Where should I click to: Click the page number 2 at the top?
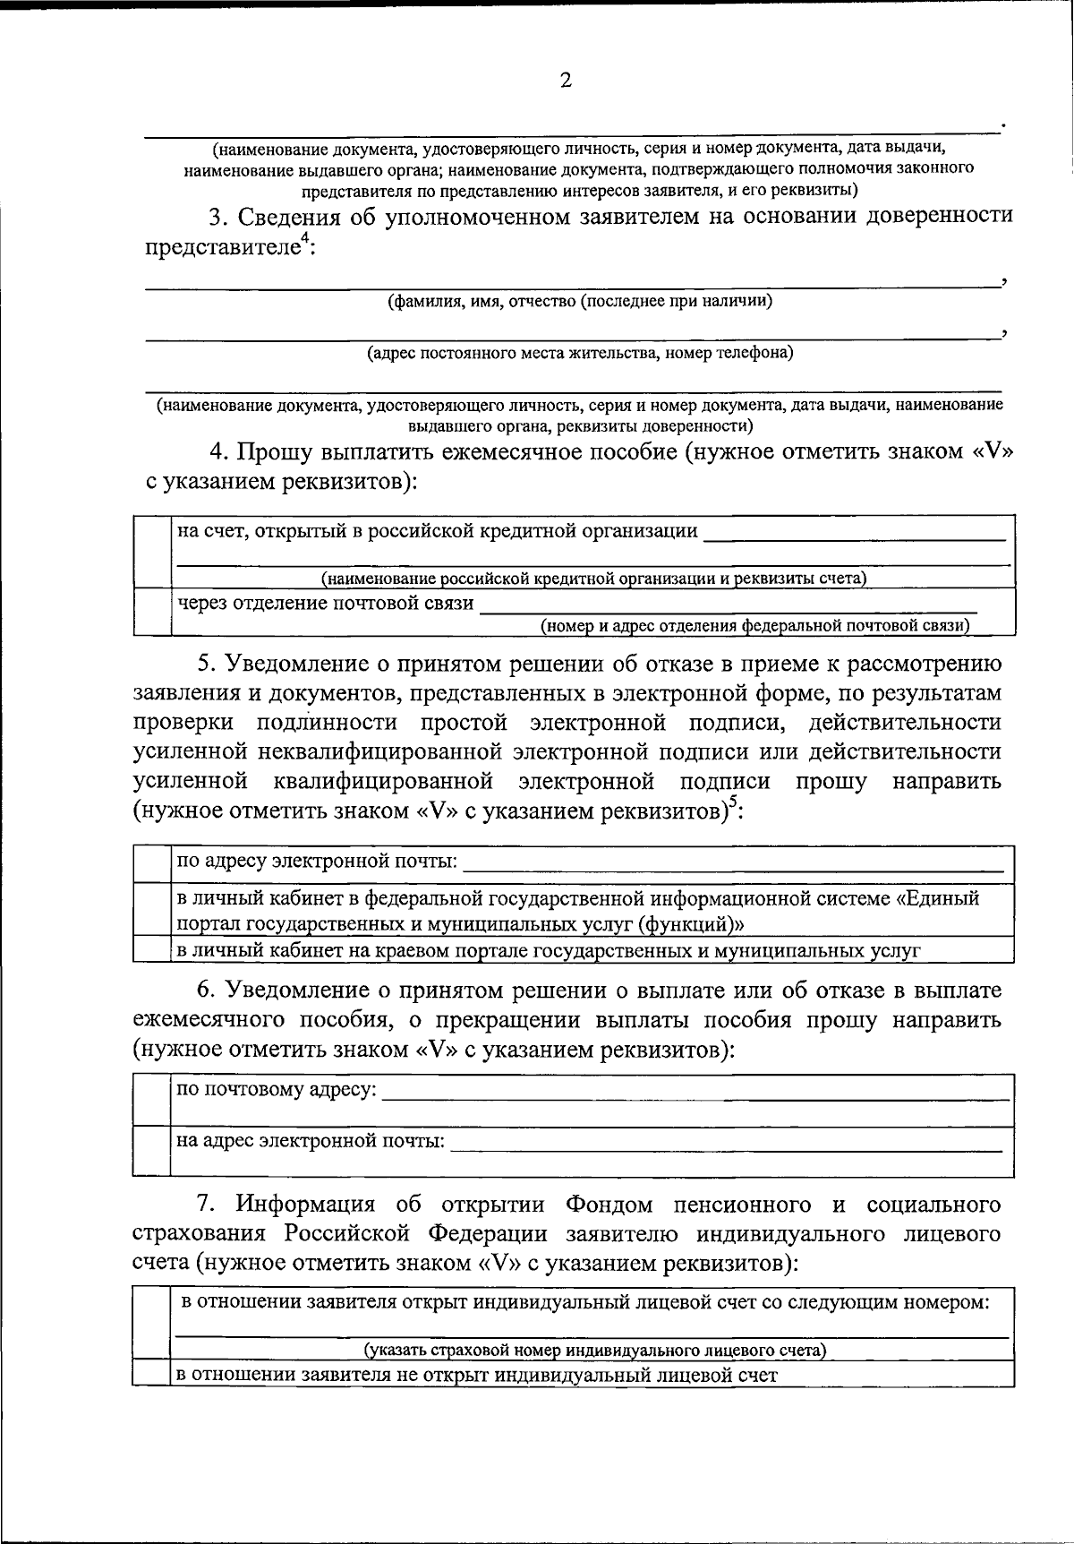coord(565,81)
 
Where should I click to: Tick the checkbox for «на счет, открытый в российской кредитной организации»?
coord(152,551)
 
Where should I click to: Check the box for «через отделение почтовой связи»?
coord(152,611)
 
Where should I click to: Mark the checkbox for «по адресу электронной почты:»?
coord(152,863)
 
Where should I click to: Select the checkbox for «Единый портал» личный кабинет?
coord(152,909)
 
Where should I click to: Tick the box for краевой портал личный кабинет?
coord(152,949)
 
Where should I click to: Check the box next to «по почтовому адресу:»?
coord(152,1101)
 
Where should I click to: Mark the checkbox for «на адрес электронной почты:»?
coord(152,1151)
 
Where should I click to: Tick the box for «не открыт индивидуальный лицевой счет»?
coord(152,1375)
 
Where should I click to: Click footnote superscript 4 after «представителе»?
coord(303,236)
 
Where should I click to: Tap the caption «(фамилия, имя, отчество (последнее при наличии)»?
coord(580,301)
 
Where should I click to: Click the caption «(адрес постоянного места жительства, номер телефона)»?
coord(580,353)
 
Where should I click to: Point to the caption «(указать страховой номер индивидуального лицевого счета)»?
coord(594,1350)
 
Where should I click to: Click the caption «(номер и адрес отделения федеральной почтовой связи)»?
coord(755,625)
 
